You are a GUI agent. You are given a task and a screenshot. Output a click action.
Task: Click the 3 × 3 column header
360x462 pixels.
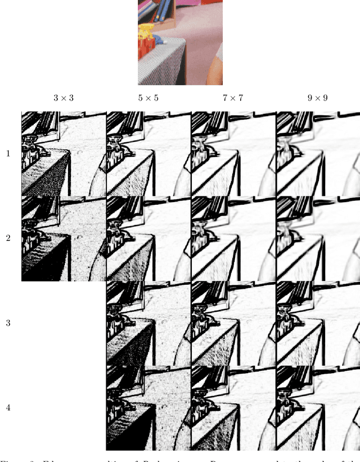point(64,98)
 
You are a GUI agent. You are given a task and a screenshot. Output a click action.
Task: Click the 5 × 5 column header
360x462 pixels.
point(148,98)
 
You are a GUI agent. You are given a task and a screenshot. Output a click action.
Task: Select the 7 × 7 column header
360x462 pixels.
point(233,98)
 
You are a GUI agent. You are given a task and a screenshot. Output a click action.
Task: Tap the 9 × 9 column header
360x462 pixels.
point(317,98)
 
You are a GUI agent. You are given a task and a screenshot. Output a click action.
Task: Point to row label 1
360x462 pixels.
point(8,153)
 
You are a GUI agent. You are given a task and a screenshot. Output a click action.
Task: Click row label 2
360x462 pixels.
point(8,238)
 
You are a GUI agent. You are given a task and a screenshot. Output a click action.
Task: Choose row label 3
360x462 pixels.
point(8,323)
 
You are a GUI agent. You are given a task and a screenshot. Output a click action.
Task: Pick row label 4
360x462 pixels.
point(8,407)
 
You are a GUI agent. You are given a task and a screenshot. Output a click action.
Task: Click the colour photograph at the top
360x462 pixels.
point(172,42)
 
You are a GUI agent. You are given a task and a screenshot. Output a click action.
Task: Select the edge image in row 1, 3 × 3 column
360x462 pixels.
point(64,154)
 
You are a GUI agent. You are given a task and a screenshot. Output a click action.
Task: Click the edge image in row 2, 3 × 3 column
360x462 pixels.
point(64,239)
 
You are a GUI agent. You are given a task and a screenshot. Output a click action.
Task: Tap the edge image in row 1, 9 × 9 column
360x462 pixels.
point(318,154)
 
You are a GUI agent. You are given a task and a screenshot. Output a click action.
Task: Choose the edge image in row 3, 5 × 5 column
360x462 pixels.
point(148,324)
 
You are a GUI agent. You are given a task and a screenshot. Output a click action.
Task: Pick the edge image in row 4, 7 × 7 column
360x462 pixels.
point(233,408)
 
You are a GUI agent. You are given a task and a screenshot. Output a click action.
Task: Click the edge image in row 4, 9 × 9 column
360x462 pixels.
point(318,408)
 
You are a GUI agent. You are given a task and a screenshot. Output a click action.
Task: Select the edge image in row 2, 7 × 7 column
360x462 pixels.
point(233,239)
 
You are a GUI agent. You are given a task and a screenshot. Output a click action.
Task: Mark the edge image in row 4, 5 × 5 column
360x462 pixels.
point(148,408)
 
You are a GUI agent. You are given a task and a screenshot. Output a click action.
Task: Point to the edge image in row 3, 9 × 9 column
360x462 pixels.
point(318,324)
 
